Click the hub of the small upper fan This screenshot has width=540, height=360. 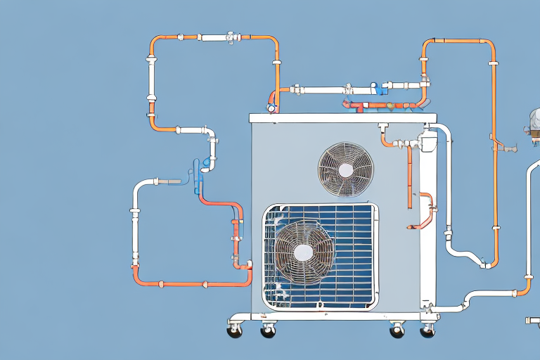point(345,169)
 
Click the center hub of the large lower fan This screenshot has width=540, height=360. point(303,252)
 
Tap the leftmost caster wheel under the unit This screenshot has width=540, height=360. point(234,328)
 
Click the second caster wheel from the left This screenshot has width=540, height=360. point(268,329)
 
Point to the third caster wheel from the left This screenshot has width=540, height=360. point(397,329)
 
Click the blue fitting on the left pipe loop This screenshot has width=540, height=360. point(196,169)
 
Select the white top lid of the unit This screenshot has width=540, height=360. point(343,117)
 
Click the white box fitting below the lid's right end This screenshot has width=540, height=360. point(427,143)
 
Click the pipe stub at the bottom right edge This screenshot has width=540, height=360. point(532,321)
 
